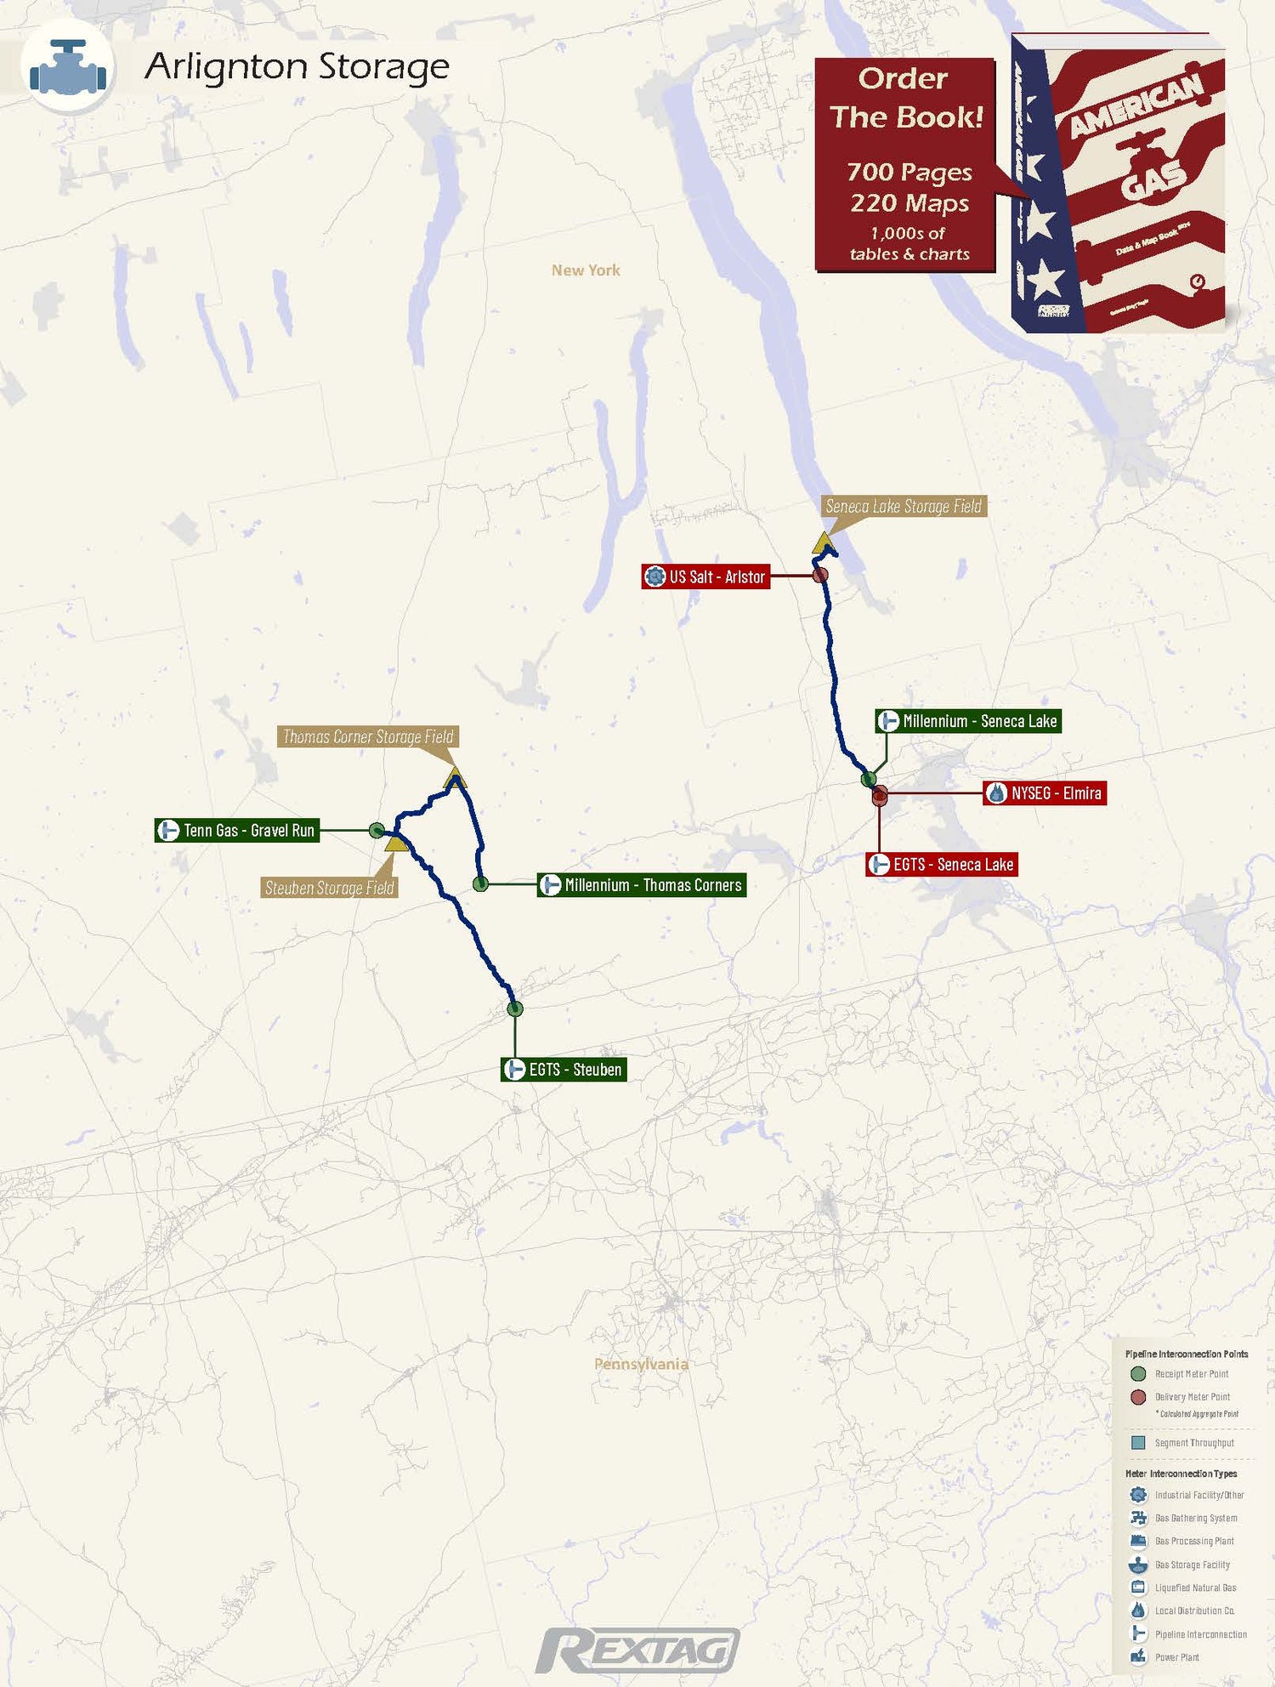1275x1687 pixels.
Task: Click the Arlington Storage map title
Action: coord(297,67)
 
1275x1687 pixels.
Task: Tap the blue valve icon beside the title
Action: coord(68,68)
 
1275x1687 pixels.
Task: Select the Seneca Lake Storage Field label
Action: coord(903,507)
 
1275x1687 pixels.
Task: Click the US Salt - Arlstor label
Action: coord(706,577)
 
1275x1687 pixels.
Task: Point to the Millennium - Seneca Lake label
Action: coord(968,721)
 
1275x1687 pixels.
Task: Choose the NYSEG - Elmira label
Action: coord(1045,793)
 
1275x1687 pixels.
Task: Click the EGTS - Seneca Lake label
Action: coord(942,865)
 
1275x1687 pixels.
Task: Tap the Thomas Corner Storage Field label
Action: coord(368,736)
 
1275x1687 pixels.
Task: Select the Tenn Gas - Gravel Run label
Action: coord(237,830)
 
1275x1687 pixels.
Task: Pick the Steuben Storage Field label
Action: coord(329,888)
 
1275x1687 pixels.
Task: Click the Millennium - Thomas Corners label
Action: coord(642,885)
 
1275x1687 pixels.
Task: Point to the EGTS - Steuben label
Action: coord(564,1070)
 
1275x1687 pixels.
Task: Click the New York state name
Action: coord(586,270)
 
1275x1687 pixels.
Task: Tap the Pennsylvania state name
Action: coord(641,1364)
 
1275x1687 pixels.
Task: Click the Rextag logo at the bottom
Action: coord(637,1650)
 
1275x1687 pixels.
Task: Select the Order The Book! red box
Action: coord(905,165)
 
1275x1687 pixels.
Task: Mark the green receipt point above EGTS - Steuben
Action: coord(515,1009)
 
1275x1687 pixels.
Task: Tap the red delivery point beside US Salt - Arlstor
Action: coord(820,575)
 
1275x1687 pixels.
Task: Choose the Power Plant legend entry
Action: coord(1177,1657)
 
